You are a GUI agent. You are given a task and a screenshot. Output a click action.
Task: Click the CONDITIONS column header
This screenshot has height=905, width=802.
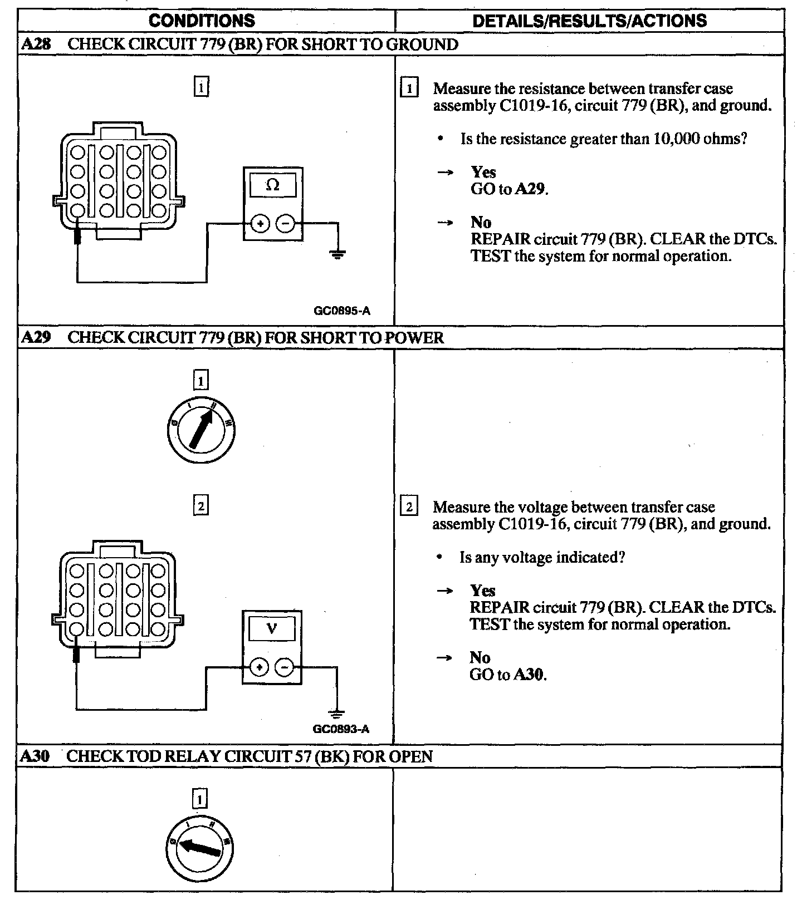[x=202, y=21]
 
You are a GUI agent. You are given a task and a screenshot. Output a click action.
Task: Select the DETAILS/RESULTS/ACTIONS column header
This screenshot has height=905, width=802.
[x=589, y=21]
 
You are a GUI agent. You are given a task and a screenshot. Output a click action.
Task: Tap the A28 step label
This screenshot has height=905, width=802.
[x=36, y=45]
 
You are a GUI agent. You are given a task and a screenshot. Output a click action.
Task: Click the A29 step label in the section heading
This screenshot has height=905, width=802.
[x=36, y=338]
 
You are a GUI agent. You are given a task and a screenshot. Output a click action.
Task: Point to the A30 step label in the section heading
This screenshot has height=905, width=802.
[x=35, y=756]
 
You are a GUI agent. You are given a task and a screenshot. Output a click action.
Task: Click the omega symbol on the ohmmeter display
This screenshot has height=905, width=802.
[x=273, y=185]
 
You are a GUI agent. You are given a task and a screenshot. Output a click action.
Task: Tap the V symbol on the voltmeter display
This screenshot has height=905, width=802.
[x=272, y=629]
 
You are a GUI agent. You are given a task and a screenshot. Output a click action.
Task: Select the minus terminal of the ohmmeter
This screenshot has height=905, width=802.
[x=285, y=224]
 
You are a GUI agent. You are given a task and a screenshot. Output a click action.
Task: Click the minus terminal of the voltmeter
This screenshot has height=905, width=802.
[x=284, y=667]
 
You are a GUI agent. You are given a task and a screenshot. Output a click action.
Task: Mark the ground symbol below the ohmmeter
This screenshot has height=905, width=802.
[x=337, y=255]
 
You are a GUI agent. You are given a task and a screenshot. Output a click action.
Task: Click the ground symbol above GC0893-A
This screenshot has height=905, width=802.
[x=336, y=714]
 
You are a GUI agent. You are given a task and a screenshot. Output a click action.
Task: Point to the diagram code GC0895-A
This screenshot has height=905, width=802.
[x=342, y=311]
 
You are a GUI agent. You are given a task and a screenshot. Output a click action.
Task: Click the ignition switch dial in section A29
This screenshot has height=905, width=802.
[x=200, y=429]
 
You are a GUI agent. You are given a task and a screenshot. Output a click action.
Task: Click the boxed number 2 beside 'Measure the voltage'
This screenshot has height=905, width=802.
[x=409, y=507]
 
